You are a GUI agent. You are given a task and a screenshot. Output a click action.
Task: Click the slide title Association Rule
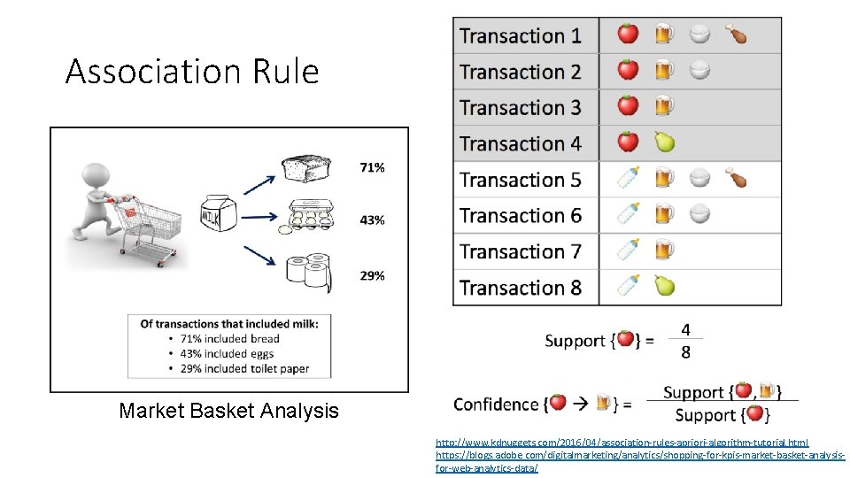(x=191, y=72)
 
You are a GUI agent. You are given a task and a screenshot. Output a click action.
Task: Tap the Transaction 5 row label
(x=521, y=180)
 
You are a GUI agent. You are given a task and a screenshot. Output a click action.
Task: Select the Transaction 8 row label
(x=521, y=288)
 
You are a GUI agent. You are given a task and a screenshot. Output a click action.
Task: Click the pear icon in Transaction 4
(x=664, y=142)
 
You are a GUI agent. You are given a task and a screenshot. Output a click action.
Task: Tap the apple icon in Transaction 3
(x=628, y=106)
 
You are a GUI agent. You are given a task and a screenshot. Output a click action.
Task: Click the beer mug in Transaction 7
(x=664, y=251)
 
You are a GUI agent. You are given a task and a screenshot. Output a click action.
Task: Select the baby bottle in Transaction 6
(x=628, y=214)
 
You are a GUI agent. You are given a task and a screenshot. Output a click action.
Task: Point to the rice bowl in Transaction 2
(x=699, y=71)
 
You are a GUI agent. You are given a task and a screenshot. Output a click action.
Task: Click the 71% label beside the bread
(x=372, y=167)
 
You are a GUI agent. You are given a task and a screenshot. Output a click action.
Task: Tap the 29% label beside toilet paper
(x=372, y=275)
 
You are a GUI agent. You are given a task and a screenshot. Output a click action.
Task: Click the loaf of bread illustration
(x=305, y=169)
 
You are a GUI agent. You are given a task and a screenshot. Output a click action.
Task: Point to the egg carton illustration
(x=306, y=217)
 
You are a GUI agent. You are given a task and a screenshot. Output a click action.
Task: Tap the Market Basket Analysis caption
(x=228, y=411)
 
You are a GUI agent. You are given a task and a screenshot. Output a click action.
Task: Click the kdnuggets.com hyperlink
(x=622, y=442)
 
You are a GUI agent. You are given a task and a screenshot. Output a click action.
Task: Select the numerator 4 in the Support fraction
(x=685, y=329)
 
